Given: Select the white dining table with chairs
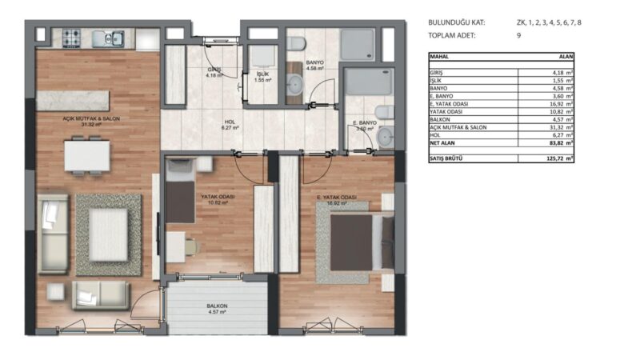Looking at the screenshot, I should tap(87, 155).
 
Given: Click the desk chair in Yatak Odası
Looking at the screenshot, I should tap(192, 248).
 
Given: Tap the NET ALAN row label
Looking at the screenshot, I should tap(445, 144).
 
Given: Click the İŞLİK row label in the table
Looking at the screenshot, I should tap(436, 81).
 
